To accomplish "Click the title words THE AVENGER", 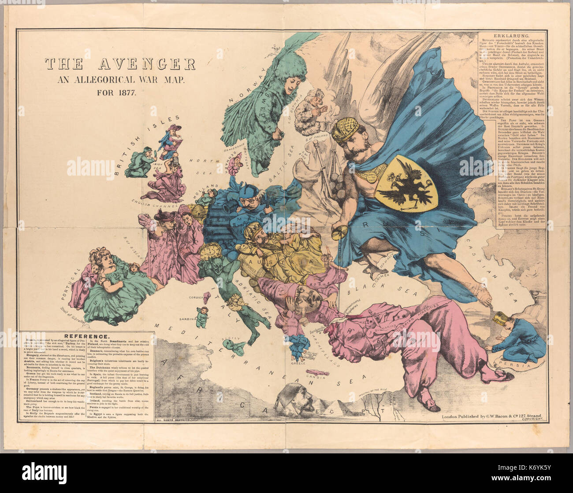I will [x=119, y=64].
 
